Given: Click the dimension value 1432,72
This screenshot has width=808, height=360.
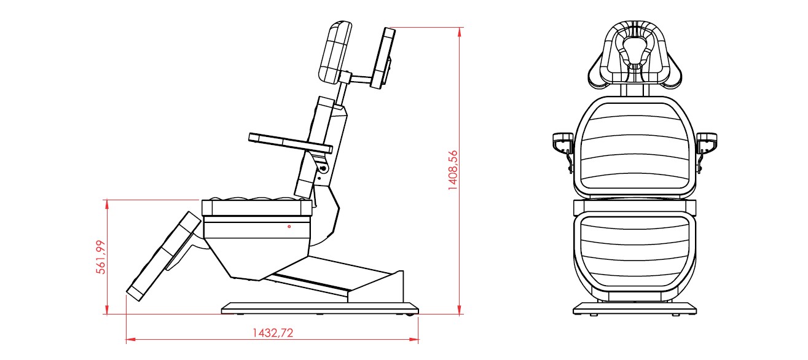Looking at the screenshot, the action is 273,332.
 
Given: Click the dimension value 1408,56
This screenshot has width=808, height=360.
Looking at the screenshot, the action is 452,170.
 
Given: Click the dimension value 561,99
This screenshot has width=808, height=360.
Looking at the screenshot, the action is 101,257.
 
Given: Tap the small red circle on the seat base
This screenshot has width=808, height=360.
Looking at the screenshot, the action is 289,227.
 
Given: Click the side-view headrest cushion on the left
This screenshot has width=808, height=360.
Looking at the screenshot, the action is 335,53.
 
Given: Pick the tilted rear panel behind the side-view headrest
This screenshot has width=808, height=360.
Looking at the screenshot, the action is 383,58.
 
